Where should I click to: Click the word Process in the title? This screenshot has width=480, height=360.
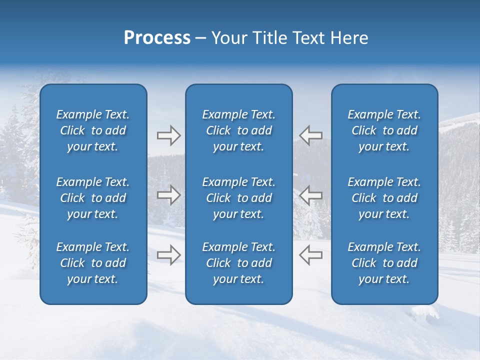pyautogui.click(x=157, y=38)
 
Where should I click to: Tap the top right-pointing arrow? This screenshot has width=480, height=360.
pyautogui.click(x=168, y=135)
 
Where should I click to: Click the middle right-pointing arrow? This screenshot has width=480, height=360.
pyautogui.click(x=168, y=195)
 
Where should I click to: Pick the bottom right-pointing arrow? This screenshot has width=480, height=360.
pyautogui.click(x=168, y=254)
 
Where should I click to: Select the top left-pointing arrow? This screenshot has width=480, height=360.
pyautogui.click(x=310, y=135)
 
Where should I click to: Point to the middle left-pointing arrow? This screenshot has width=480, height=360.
pyautogui.click(x=310, y=195)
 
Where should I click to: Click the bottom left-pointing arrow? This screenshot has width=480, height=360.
pyautogui.click(x=310, y=254)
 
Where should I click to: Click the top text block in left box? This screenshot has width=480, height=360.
pyautogui.click(x=93, y=130)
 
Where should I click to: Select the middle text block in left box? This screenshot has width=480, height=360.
pyautogui.click(x=93, y=198)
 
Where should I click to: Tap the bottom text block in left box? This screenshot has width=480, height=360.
pyautogui.click(x=93, y=263)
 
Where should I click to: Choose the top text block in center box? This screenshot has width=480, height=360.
pyautogui.click(x=239, y=130)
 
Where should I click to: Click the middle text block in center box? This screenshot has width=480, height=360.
pyautogui.click(x=239, y=198)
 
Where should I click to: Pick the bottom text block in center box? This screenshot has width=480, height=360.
pyautogui.click(x=239, y=263)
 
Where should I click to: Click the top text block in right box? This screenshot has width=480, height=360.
pyautogui.click(x=384, y=130)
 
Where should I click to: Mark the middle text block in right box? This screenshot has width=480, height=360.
pyautogui.click(x=384, y=198)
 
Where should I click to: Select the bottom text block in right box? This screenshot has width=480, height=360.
pyautogui.click(x=384, y=263)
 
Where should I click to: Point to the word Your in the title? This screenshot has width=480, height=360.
pyautogui.click(x=227, y=38)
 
